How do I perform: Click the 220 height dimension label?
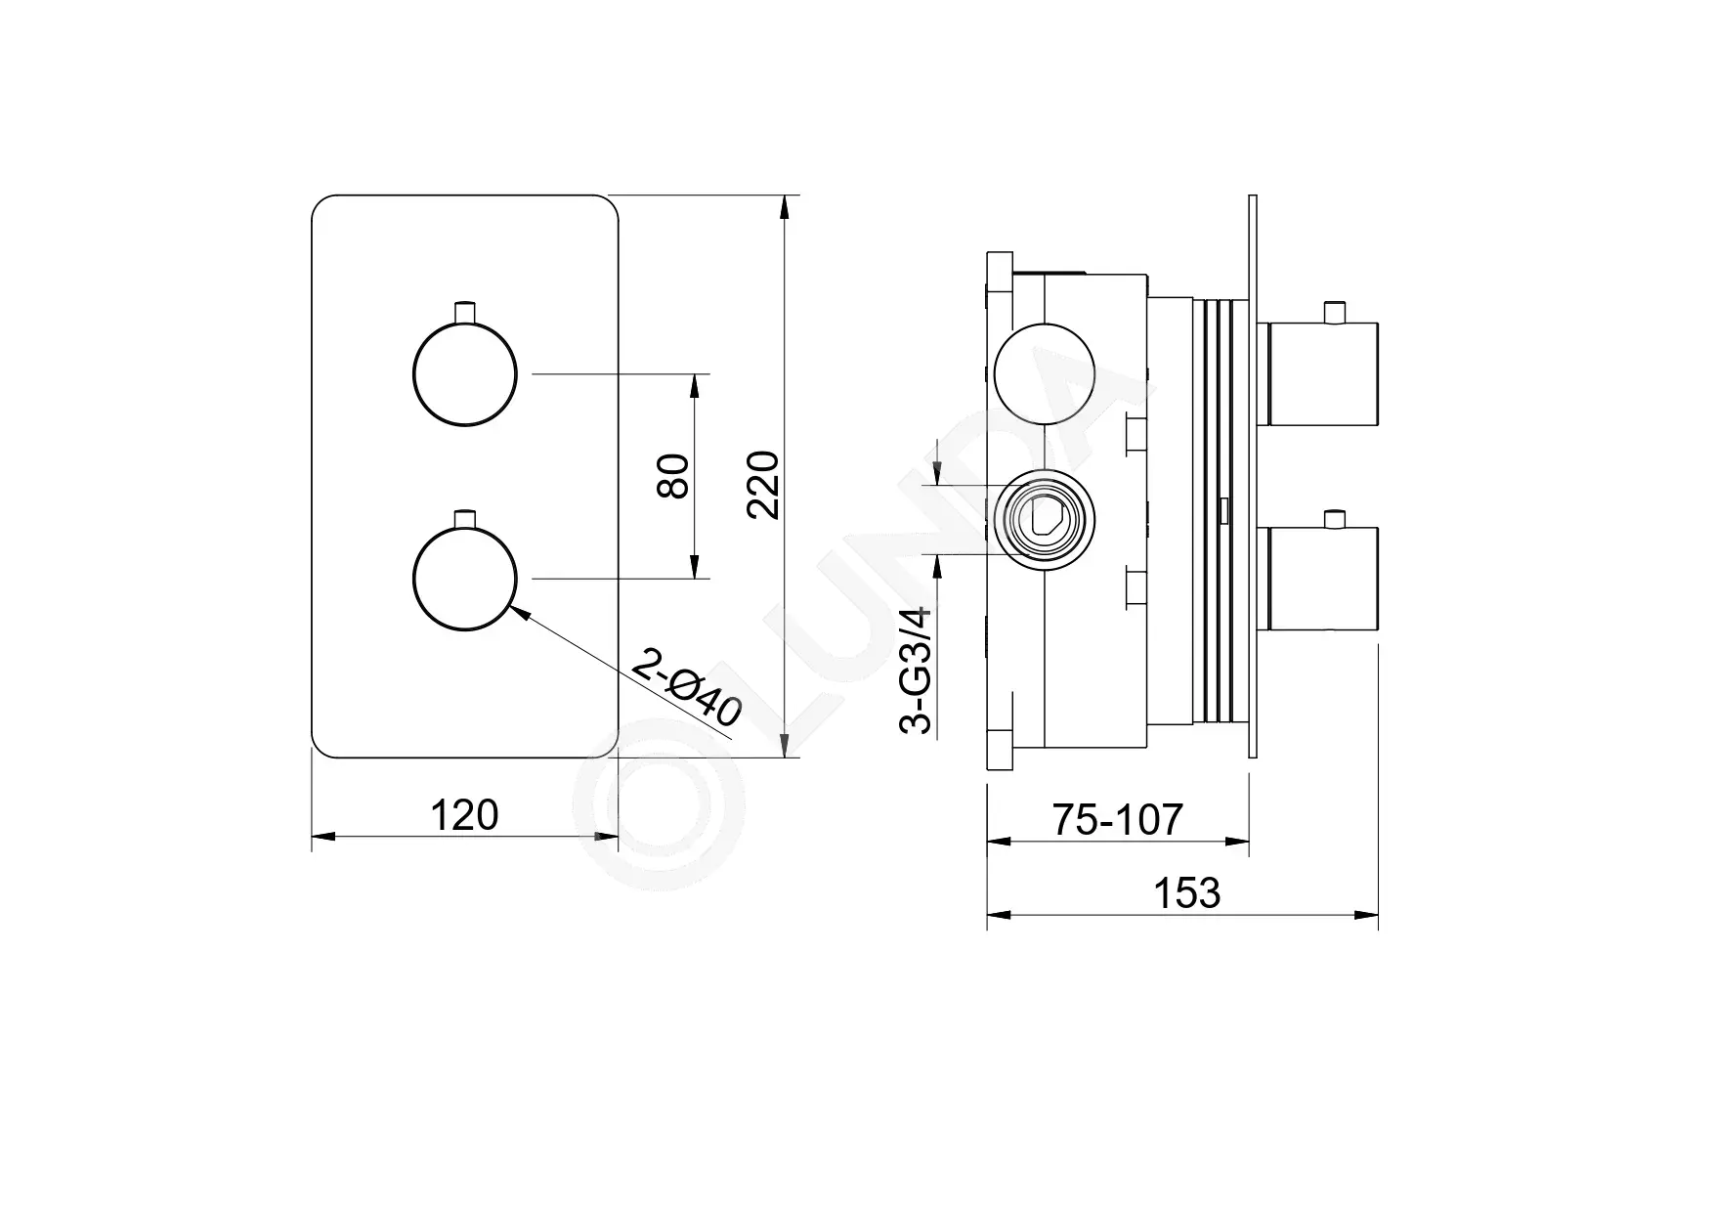(763, 485)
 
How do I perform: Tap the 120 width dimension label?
(464, 814)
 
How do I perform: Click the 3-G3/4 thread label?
(915, 671)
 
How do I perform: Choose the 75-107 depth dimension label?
(1118, 819)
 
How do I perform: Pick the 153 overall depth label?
(1187, 892)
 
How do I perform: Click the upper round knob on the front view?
(464, 374)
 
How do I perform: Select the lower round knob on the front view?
(464, 579)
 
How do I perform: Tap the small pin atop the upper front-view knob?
(464, 312)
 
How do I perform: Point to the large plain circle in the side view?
(1044, 374)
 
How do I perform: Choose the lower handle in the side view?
(1321, 579)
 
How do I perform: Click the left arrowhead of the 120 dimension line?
(323, 837)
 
